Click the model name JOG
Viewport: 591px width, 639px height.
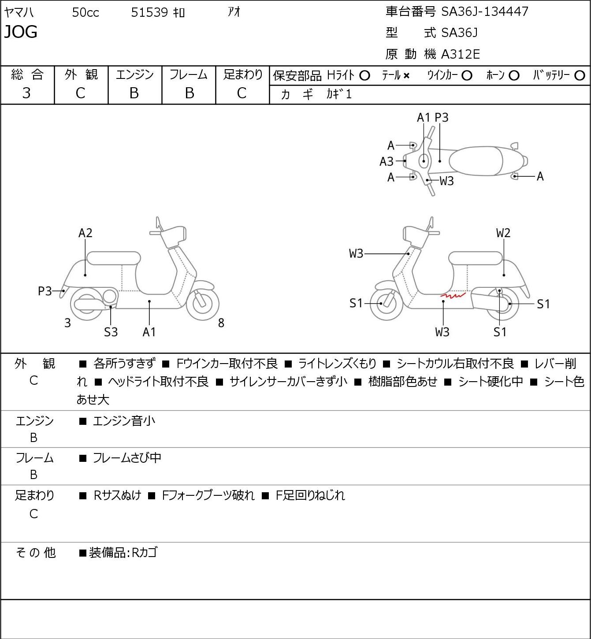click(x=21, y=32)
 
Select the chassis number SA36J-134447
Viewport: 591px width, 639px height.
click(x=484, y=11)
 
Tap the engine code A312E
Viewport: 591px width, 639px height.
click(x=460, y=54)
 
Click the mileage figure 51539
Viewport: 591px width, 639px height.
click(x=149, y=12)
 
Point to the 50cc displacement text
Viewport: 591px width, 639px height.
click(x=85, y=12)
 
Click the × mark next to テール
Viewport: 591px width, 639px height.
click(x=406, y=76)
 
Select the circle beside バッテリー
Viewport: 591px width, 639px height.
click(x=580, y=75)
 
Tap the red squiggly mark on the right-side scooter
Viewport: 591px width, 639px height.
click(x=453, y=295)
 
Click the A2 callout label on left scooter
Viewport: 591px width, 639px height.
click(x=85, y=233)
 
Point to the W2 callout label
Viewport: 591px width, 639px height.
click(x=503, y=233)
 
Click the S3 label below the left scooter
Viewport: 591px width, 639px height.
click(x=111, y=332)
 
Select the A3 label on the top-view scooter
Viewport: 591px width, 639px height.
click(x=387, y=162)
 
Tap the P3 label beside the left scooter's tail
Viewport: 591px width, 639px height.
click(x=45, y=291)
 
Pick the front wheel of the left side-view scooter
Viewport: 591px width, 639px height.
click(x=202, y=303)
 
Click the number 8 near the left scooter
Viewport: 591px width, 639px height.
click(x=221, y=323)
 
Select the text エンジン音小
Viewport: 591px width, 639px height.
click(x=124, y=421)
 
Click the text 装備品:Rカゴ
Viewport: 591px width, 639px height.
click(x=123, y=553)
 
